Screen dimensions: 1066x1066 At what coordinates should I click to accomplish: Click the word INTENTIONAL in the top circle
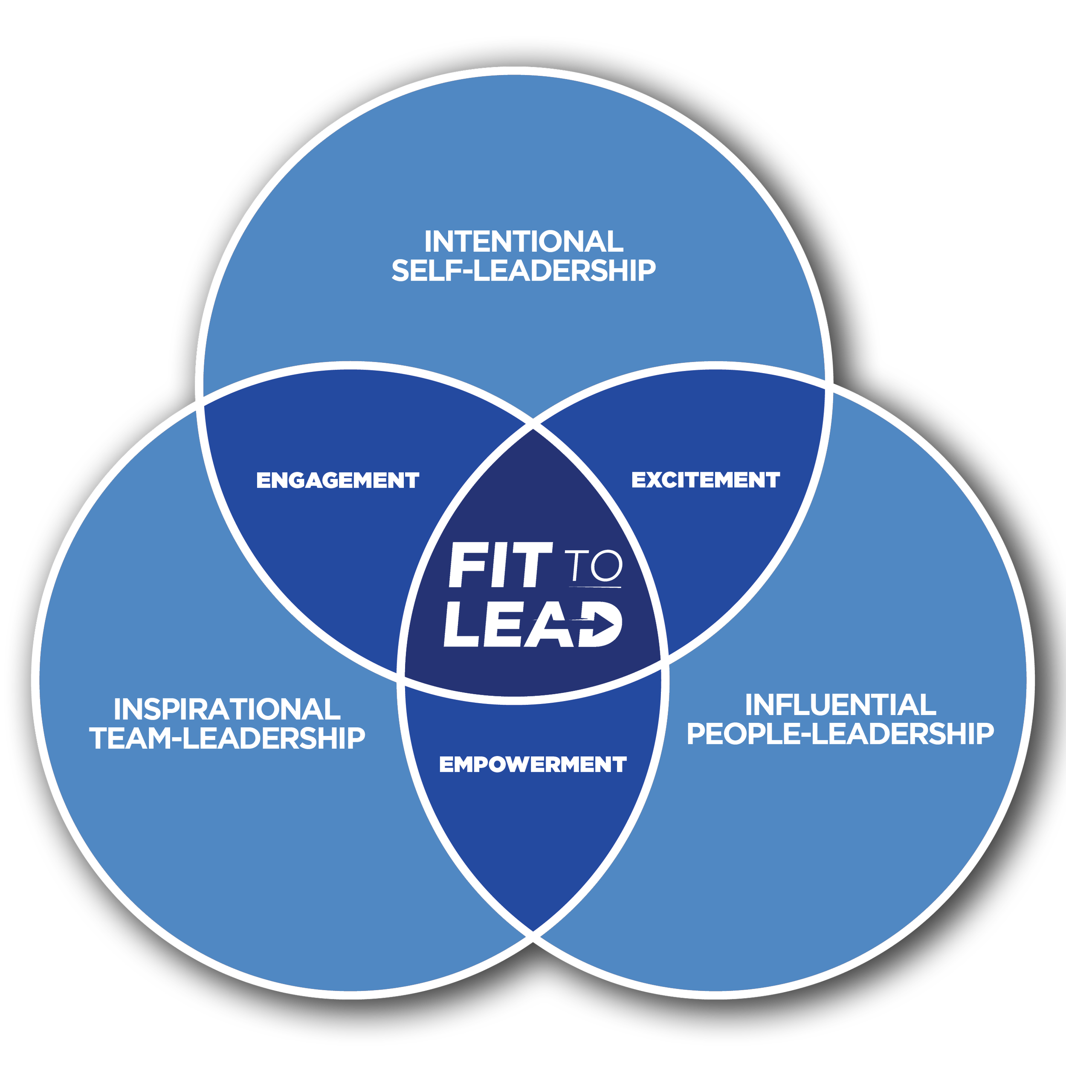[x=524, y=242]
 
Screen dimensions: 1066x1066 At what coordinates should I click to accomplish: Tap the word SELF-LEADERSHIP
[x=524, y=270]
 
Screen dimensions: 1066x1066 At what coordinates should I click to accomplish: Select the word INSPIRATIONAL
[x=227, y=710]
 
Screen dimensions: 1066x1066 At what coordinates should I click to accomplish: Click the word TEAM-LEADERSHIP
[x=227, y=738]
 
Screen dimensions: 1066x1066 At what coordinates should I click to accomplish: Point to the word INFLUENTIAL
[x=840, y=705]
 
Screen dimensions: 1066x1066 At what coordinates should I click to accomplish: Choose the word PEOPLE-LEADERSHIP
[x=840, y=734]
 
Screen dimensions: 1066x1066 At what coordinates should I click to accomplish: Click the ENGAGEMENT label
[x=338, y=480]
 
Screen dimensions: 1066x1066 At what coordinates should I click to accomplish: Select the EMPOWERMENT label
[x=533, y=764]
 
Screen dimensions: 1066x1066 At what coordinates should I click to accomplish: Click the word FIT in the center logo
[x=500, y=565]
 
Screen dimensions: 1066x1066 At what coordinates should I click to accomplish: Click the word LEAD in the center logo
[x=533, y=624]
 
